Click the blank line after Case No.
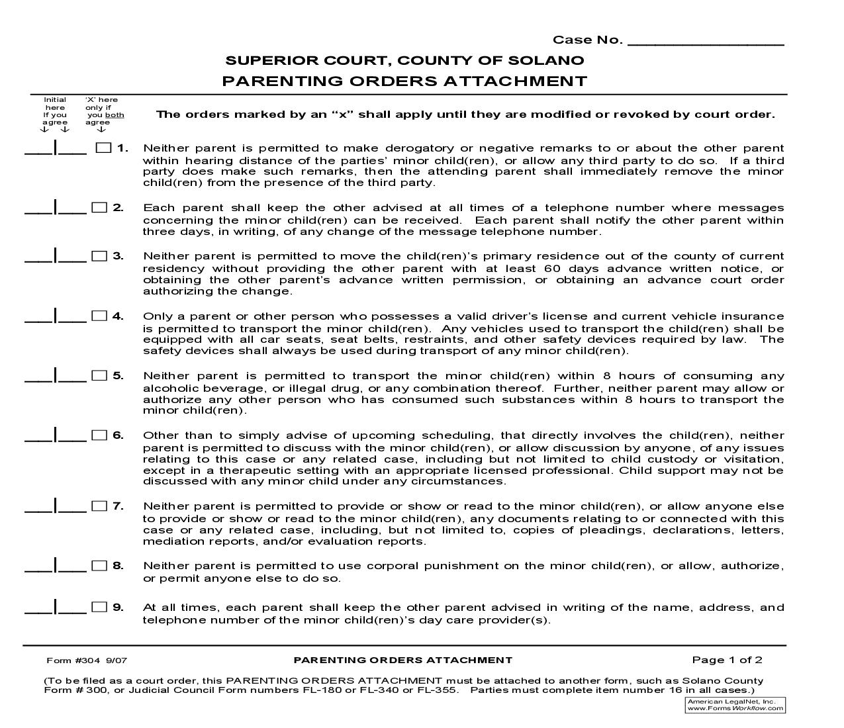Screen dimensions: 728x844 (x=705, y=40)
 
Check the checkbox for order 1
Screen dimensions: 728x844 (x=103, y=148)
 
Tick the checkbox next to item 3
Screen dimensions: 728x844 (x=99, y=256)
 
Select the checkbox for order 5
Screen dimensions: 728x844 (x=99, y=376)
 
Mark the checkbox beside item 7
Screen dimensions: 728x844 (x=99, y=506)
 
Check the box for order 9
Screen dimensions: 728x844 (x=99, y=607)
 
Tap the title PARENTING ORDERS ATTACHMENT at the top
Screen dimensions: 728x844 (x=404, y=81)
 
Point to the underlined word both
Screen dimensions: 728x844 (x=115, y=115)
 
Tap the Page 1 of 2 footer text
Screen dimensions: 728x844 (x=727, y=660)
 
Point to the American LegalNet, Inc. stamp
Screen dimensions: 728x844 (x=735, y=705)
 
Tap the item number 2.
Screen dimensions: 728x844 (x=118, y=208)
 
